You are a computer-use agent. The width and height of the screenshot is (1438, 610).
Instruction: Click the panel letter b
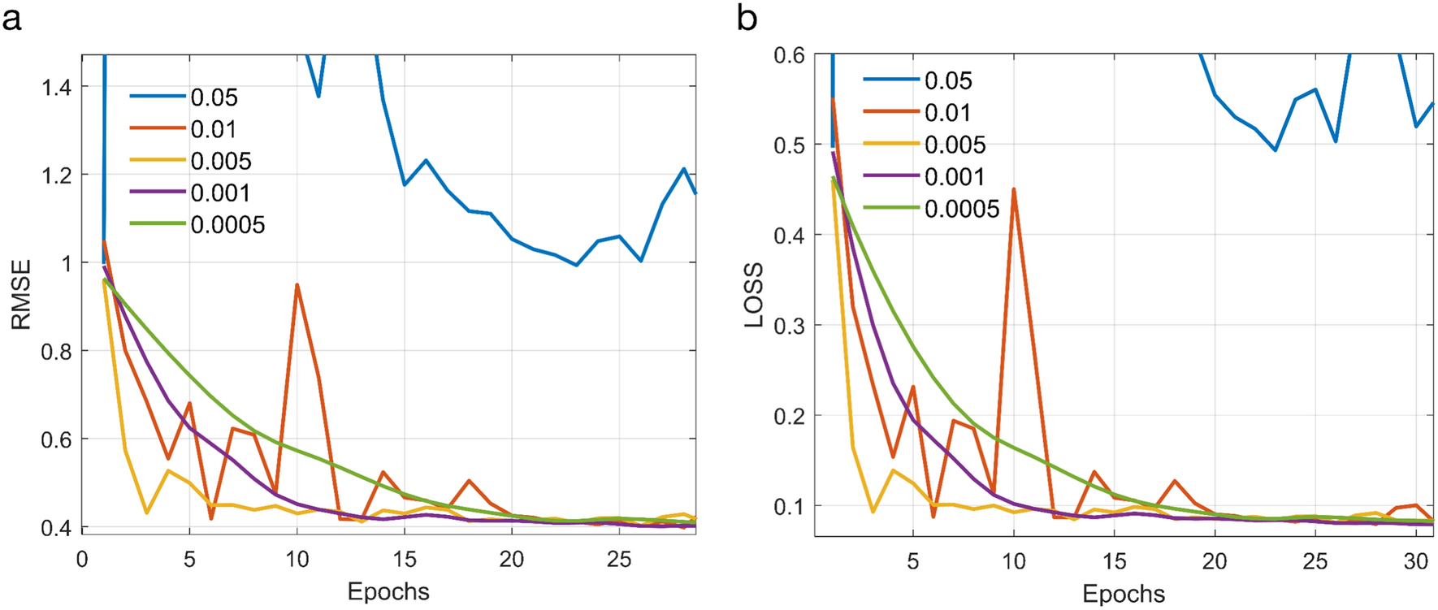(747, 18)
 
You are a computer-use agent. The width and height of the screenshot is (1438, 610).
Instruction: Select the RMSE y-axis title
(21, 294)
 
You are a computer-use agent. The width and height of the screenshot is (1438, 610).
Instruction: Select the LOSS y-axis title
(755, 294)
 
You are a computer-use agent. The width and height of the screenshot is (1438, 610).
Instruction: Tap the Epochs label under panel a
(388, 591)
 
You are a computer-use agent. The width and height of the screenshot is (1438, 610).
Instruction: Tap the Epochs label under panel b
(1124, 593)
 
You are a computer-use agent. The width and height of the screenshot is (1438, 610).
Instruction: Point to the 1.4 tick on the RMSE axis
(56, 87)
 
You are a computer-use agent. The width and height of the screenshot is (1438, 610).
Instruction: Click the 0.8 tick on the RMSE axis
(56, 352)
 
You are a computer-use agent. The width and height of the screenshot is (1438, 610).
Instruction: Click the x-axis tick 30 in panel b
(1415, 562)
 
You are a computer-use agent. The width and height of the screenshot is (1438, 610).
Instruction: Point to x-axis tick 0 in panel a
(82, 559)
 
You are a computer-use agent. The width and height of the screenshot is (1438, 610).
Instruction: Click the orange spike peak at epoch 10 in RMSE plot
(297, 285)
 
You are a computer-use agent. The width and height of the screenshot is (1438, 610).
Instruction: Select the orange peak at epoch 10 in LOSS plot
(1014, 189)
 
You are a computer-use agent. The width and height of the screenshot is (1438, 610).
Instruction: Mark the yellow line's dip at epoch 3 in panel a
(146, 513)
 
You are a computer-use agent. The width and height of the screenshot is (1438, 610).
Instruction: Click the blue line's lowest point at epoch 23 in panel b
(1276, 150)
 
